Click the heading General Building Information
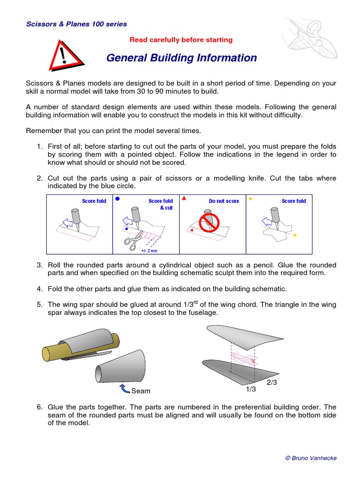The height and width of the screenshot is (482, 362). (181, 58)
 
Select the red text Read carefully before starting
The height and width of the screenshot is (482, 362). (181, 40)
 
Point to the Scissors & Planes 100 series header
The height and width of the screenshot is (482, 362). (76, 24)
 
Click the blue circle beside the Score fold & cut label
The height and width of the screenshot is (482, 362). (117, 199)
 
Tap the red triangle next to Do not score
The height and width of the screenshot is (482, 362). (184, 199)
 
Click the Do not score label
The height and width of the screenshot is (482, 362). (224, 201)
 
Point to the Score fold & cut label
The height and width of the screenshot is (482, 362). (161, 204)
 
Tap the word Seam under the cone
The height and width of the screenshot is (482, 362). (140, 391)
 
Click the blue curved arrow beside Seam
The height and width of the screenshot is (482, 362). (125, 388)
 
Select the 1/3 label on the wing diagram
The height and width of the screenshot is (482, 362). (250, 389)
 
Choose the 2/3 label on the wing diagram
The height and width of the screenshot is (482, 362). (271, 382)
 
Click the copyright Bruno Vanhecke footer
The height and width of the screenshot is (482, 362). (311, 458)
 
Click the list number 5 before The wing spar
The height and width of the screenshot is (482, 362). (40, 305)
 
